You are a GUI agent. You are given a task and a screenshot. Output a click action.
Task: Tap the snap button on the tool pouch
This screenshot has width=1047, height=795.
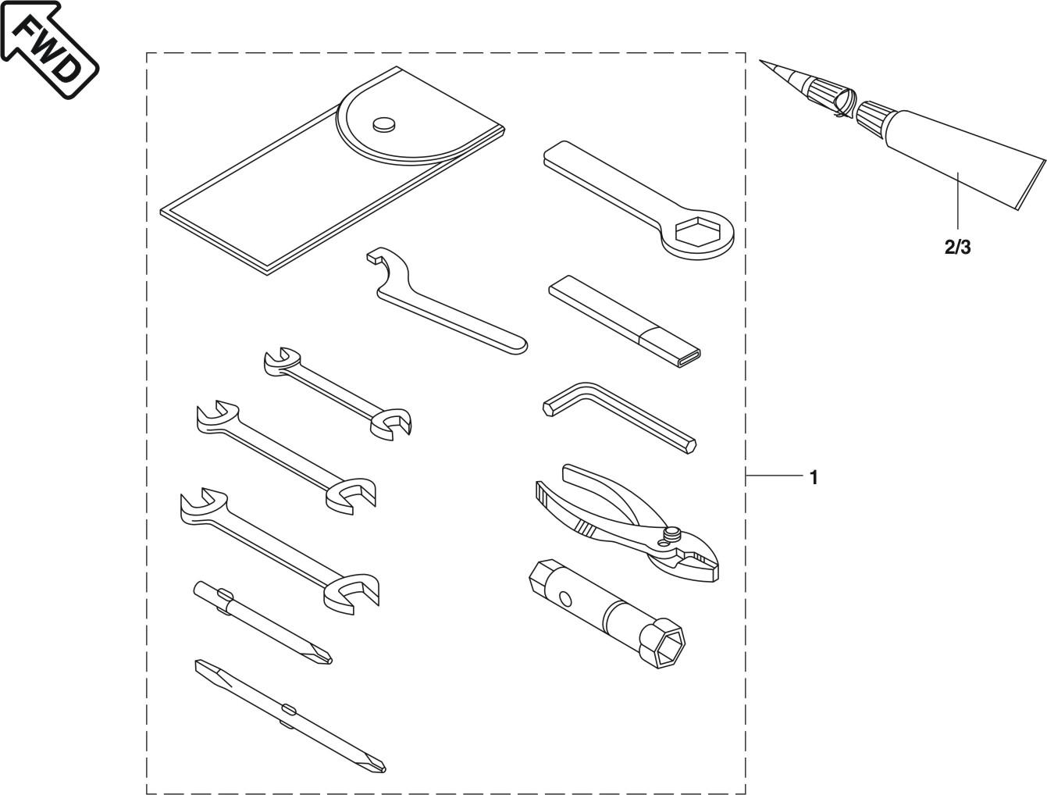[383, 123]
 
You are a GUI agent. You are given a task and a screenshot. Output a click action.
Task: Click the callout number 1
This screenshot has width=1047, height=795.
[814, 477]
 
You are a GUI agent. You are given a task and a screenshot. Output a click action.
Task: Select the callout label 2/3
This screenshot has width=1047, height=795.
[957, 248]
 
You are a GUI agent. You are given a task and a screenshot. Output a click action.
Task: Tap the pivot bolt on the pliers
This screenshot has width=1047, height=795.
[669, 534]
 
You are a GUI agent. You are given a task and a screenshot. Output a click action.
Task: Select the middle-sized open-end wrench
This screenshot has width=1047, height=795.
[285, 459]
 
